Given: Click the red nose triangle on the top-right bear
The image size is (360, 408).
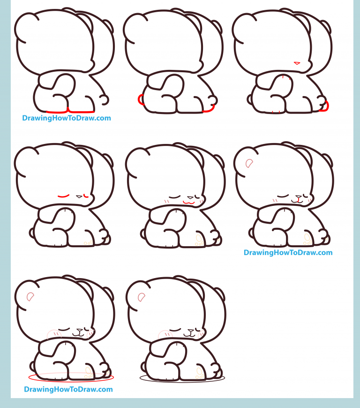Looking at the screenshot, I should click(x=296, y=62).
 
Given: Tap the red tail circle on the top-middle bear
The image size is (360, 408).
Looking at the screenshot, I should click(x=140, y=99).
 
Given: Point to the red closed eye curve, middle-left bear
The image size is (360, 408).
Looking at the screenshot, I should click(x=63, y=196).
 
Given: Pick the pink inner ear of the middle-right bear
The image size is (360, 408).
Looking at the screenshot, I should click(x=249, y=163).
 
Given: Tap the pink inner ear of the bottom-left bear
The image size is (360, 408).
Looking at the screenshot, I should click(x=30, y=296).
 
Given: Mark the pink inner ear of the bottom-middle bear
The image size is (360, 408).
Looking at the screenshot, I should click(x=142, y=296).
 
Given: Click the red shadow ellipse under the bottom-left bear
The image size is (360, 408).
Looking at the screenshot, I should click(x=70, y=377).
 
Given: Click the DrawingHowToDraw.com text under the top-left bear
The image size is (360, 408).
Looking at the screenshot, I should click(x=67, y=118).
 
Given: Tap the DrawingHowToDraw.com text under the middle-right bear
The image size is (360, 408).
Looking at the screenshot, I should click(x=288, y=253).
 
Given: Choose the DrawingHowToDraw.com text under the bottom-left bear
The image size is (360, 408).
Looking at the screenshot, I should click(x=68, y=389).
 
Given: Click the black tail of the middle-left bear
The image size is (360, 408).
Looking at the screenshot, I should click(x=32, y=232).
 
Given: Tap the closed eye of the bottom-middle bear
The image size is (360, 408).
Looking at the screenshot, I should click(x=175, y=331).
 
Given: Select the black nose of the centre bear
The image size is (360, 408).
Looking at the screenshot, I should click(x=190, y=197).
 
